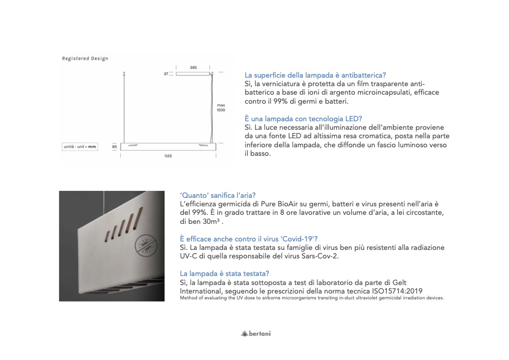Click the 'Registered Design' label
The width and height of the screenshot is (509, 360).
coord(85,58)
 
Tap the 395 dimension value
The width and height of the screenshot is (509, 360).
coord(193,68)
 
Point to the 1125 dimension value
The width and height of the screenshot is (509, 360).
coord(168,156)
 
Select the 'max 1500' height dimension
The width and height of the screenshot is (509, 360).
coord(221,107)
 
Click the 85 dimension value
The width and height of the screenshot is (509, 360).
coord(115,146)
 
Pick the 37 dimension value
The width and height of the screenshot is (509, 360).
coord(166,73)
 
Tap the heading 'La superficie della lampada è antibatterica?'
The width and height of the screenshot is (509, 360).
coord(315,76)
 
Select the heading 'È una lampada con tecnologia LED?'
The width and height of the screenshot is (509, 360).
coord(303,119)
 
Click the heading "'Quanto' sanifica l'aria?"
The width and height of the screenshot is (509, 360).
coord(222,195)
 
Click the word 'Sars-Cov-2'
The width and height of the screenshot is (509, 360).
coord(318,256)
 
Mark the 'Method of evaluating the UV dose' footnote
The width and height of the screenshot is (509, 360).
coord(312,298)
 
